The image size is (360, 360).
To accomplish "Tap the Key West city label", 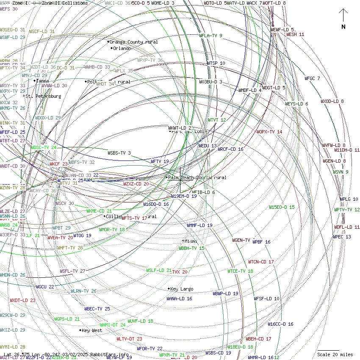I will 91,330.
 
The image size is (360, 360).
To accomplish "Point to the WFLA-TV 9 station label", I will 210,36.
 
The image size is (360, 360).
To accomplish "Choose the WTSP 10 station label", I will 216,63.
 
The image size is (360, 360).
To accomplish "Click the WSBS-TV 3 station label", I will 119,153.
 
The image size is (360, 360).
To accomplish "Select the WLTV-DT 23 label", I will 129,339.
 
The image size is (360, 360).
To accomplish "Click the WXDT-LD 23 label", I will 22,300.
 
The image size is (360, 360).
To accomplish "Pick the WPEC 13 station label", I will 342,237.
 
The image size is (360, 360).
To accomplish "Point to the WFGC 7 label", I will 312,78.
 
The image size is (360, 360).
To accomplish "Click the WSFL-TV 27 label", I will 72,271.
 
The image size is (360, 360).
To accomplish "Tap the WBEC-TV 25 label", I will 97,309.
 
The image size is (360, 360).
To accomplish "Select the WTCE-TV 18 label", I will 240,271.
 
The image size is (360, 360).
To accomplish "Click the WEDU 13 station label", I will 208,146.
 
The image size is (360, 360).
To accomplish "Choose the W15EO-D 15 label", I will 282,207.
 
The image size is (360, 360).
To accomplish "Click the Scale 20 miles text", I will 335,354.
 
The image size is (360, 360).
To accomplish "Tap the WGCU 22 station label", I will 45,287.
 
